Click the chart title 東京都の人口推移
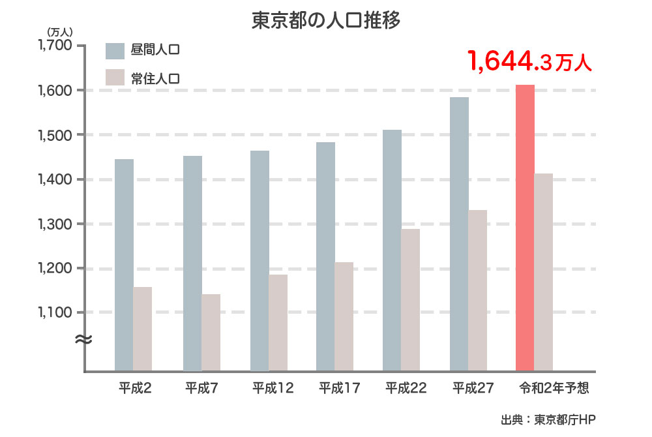tap(325, 20)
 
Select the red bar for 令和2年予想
tap(525, 228)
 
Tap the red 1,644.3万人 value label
tap(529, 62)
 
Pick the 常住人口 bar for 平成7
tap(211, 333)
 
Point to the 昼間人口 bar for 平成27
tap(459, 234)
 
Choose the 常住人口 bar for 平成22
tap(411, 300)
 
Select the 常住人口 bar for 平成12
tap(278, 323)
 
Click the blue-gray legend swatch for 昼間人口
tap(115, 50)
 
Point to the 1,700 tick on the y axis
tap(57, 46)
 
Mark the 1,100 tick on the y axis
tap(57, 312)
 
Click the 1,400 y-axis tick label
tap(57, 179)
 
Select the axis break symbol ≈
tap(83, 339)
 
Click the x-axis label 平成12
tap(273, 388)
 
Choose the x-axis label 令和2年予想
tap(554, 388)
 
